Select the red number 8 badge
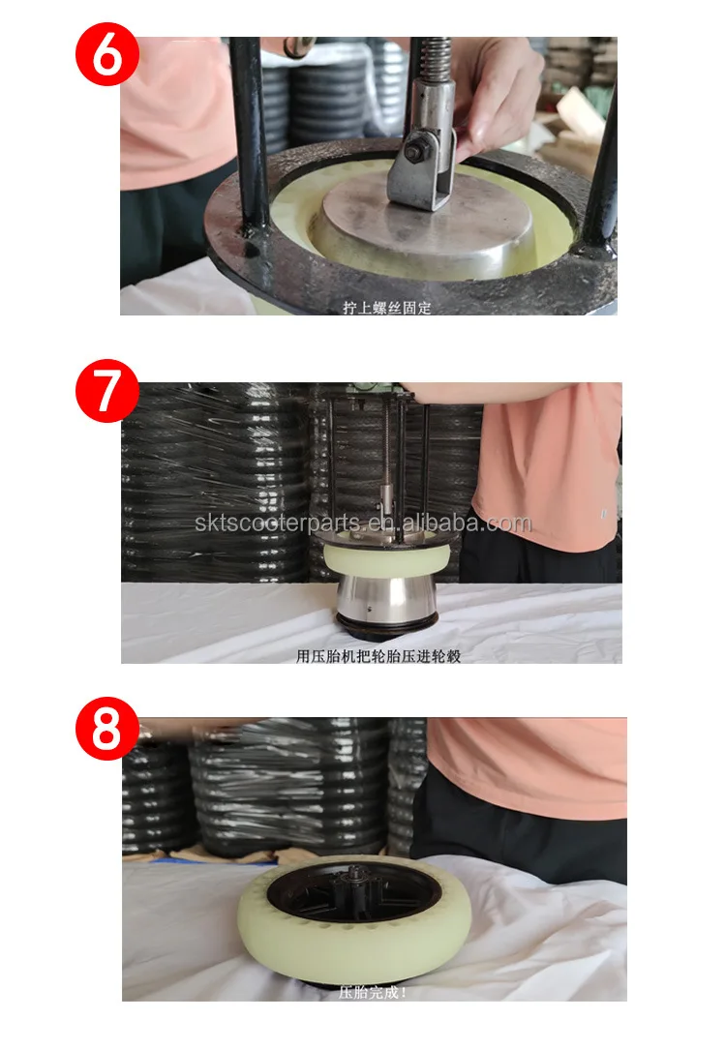[107, 732]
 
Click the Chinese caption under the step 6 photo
[386, 308]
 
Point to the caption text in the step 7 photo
[378, 655]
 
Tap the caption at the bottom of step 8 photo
[373, 992]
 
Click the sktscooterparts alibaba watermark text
[362, 524]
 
